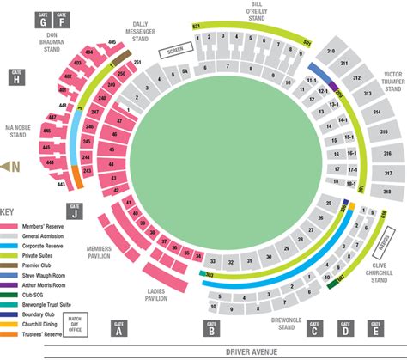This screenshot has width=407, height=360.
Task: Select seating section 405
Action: pyautogui.click(x=112, y=42)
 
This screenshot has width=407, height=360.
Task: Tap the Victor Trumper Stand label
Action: pyautogui.click(x=392, y=76)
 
